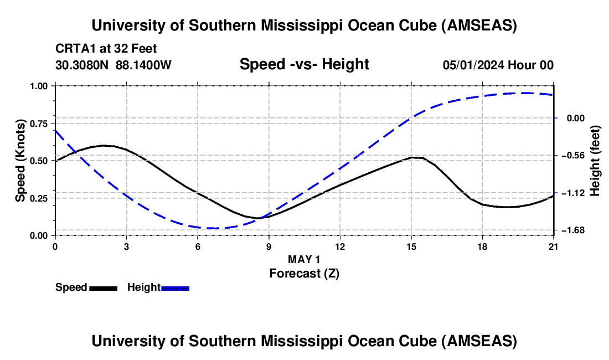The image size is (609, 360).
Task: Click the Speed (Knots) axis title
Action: point(20,160)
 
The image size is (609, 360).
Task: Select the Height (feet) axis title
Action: point(595,160)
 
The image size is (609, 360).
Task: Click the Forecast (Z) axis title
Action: point(304,273)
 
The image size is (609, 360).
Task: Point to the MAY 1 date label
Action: point(304,259)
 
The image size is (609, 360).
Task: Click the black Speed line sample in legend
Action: point(104,287)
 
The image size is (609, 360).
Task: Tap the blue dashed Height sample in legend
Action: point(175,287)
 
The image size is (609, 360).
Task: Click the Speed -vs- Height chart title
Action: point(304,64)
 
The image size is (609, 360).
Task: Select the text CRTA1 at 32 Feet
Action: point(106,49)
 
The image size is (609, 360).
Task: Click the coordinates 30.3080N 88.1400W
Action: point(113,65)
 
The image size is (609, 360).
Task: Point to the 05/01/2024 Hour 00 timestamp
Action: point(498,65)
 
